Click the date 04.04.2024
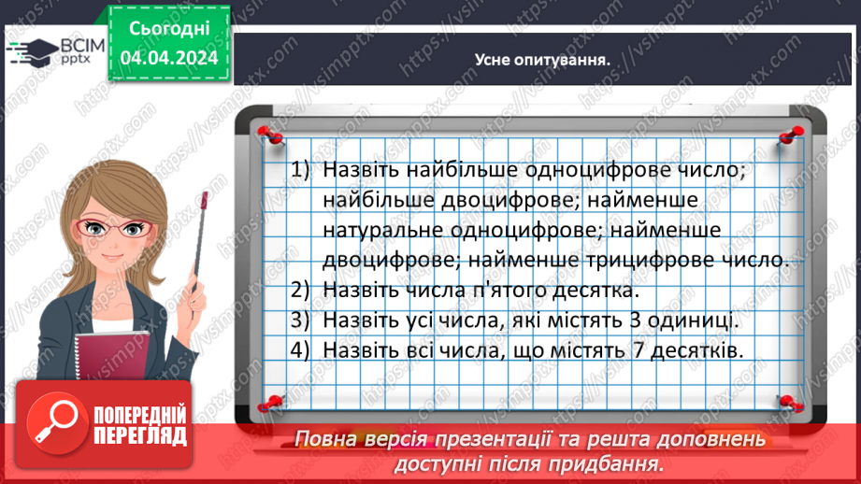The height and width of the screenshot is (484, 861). coord(169,58)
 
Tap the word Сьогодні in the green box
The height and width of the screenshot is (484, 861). coord(169,29)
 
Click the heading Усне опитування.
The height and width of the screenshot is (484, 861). coord(542,60)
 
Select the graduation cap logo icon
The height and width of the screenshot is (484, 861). coord(34,52)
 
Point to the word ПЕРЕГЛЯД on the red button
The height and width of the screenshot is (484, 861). coord(140,436)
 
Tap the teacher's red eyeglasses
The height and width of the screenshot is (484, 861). coord(114,228)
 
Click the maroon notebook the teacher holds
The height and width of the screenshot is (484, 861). coord(112,356)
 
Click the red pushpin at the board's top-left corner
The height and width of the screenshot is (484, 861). coord(270,135)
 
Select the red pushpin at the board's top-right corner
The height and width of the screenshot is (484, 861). coord(792,135)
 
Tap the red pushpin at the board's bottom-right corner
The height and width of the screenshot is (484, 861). coord(790,403)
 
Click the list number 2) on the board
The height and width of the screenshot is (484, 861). coord(300,290)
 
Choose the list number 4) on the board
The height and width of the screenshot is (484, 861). coord(300,349)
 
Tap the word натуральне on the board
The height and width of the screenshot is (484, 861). coord(383,230)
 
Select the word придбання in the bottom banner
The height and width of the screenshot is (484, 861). coord(606,464)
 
